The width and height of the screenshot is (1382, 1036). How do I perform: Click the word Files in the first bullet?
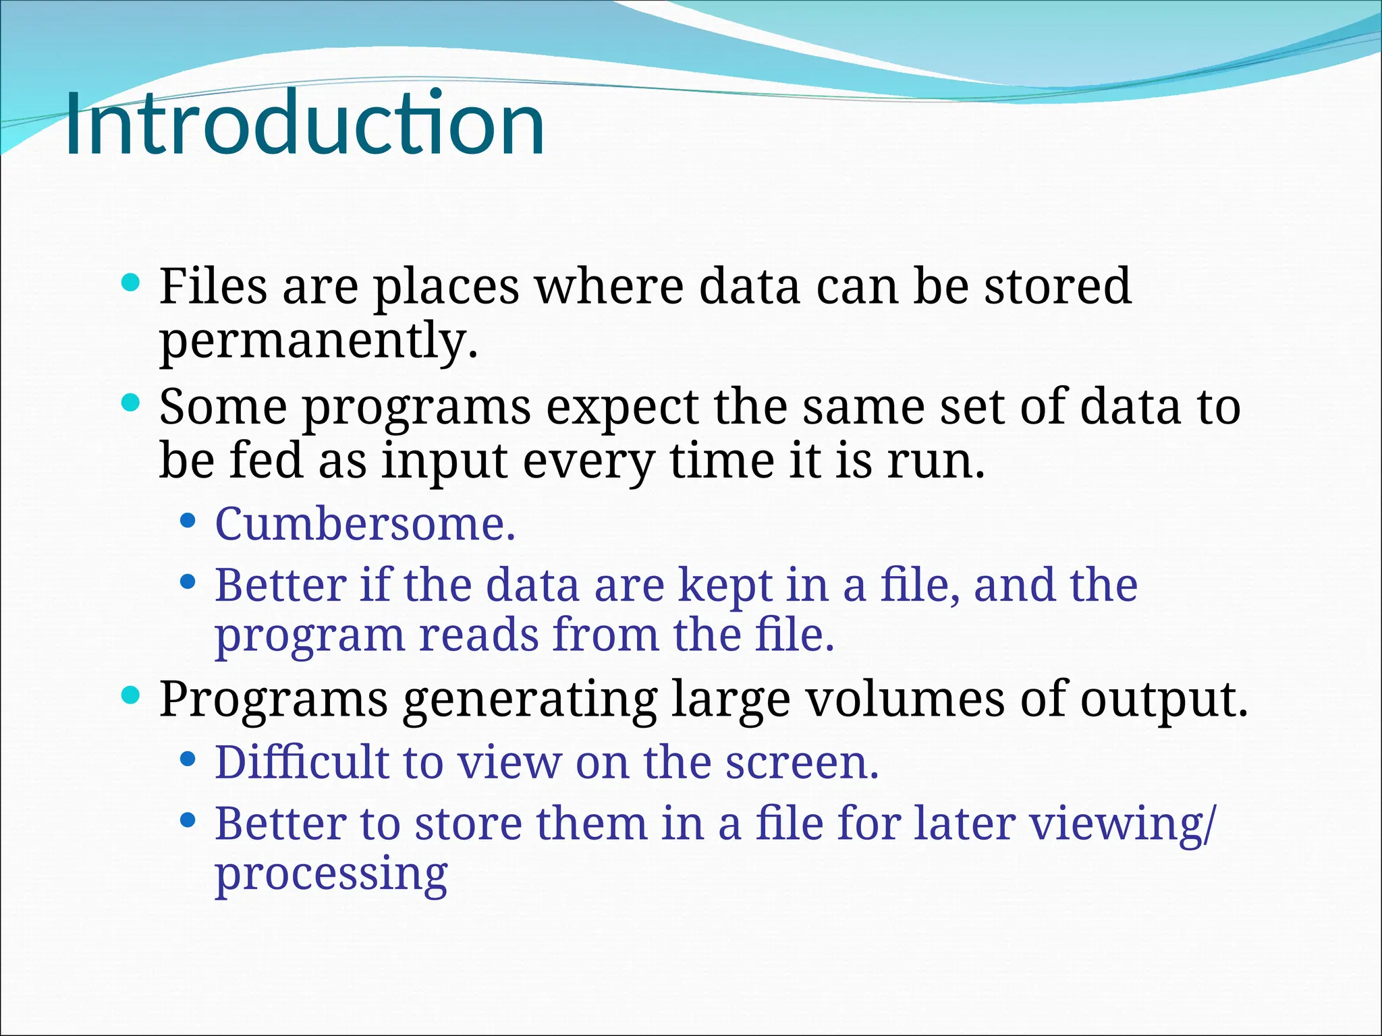[x=213, y=286]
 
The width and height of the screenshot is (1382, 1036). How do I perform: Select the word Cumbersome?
[x=365, y=524]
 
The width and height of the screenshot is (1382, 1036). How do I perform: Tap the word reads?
[x=478, y=635]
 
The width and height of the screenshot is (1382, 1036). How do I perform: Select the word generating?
[x=530, y=700]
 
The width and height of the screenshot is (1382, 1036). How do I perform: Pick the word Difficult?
[x=301, y=762]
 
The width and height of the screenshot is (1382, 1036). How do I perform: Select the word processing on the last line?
[x=331, y=875]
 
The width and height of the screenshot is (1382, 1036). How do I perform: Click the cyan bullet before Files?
[x=130, y=282]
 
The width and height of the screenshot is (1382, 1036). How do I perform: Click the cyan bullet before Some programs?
[x=130, y=403]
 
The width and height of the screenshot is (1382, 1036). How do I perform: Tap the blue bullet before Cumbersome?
[x=188, y=521]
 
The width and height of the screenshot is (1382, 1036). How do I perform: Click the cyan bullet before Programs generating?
[x=130, y=695]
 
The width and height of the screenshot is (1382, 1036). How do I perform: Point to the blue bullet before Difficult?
[x=188, y=759]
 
